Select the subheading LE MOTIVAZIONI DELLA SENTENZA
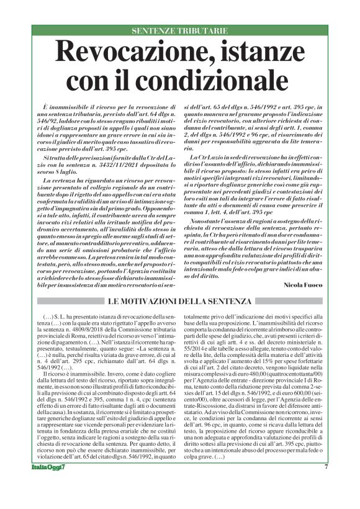(179, 302)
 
